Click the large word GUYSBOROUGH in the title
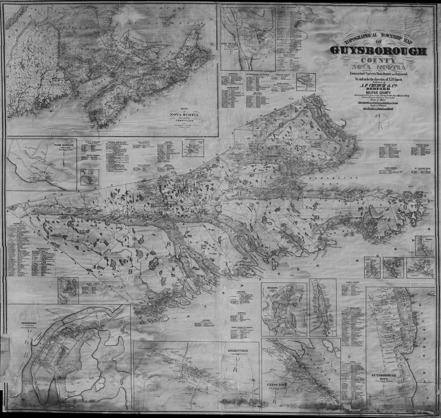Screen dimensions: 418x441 378,51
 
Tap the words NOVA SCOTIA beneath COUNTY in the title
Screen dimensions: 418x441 378,68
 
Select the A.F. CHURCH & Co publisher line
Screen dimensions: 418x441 377,87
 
